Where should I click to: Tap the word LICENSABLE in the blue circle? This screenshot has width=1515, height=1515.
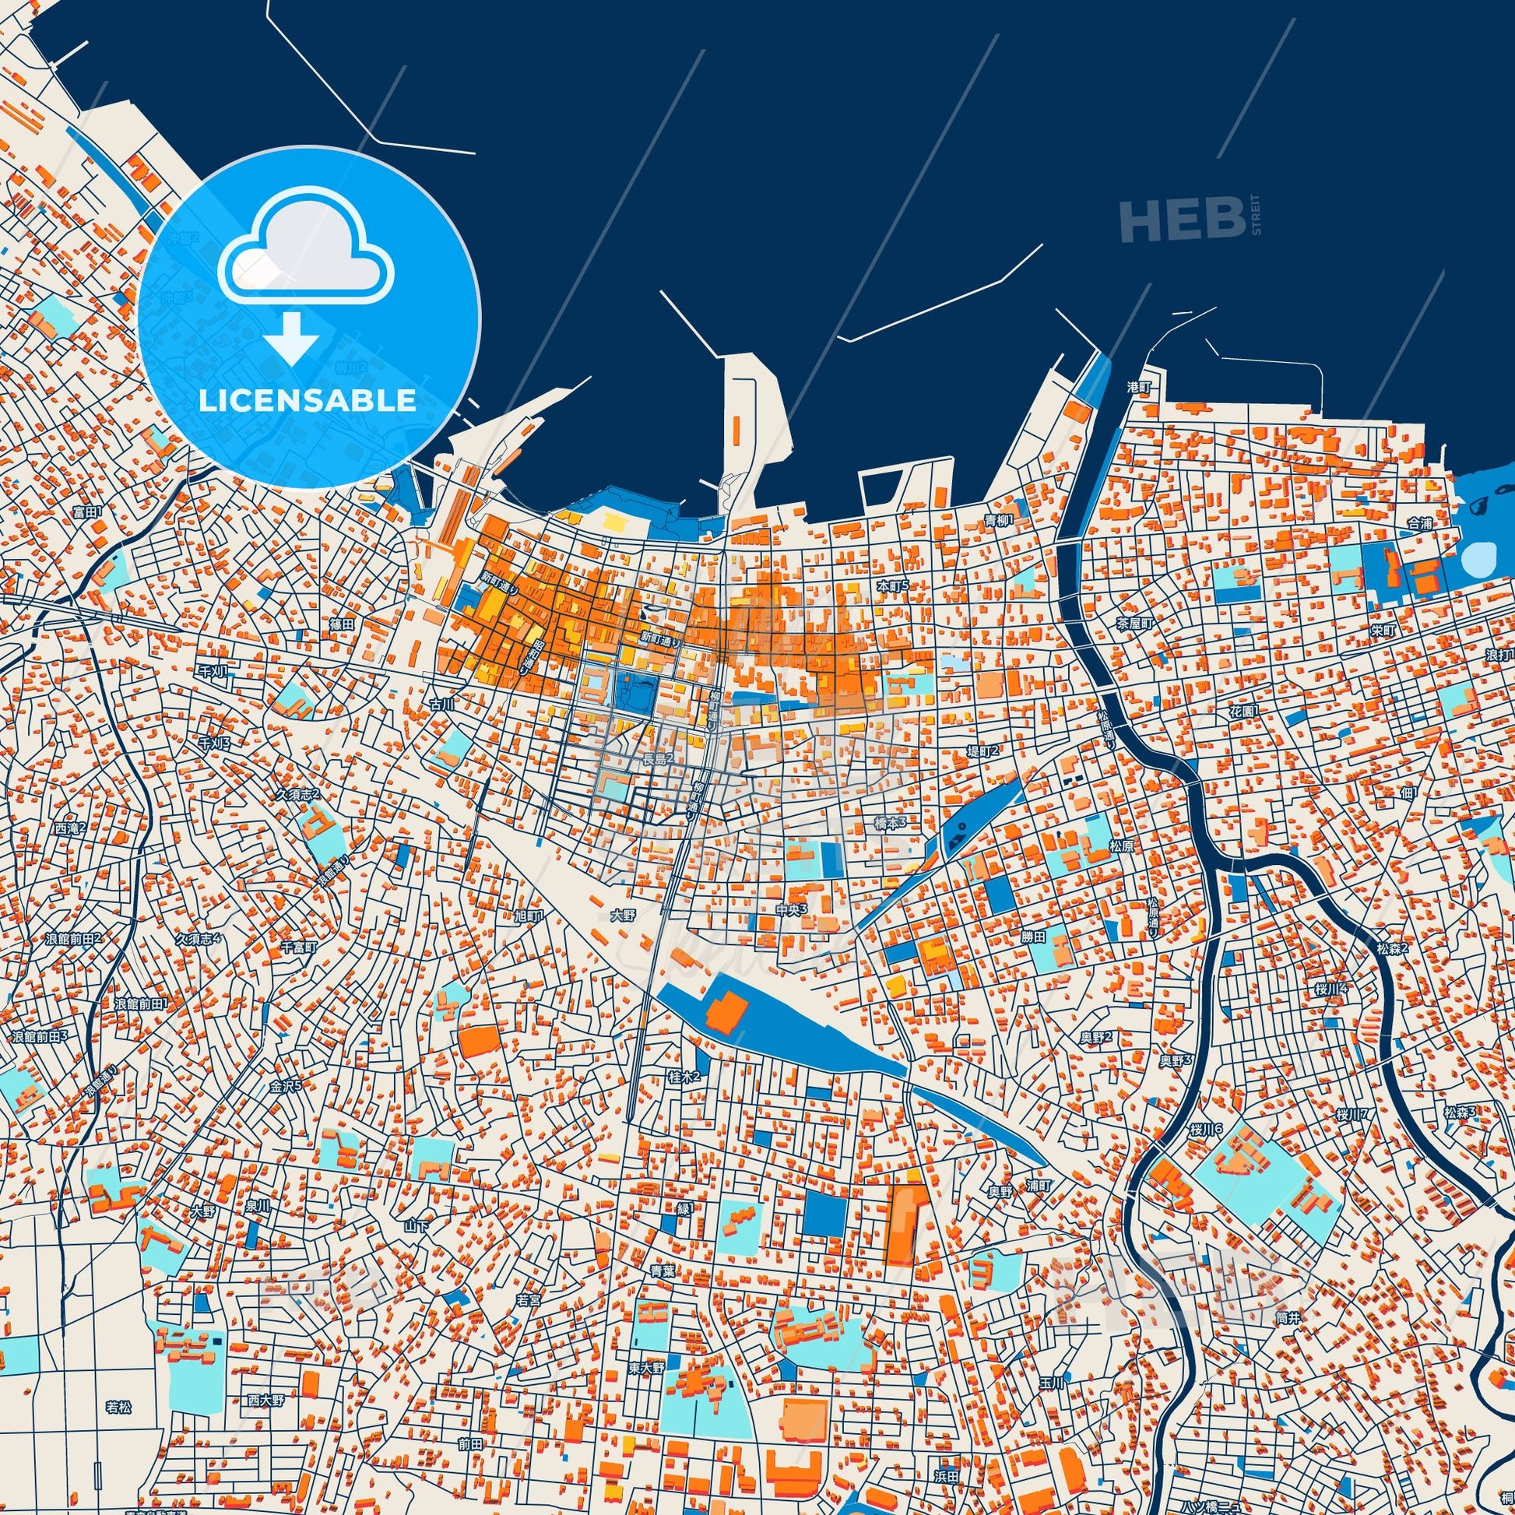click(x=307, y=401)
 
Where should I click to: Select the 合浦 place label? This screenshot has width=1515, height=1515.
click(x=1418, y=523)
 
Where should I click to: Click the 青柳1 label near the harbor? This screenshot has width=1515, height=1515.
click(x=1000, y=520)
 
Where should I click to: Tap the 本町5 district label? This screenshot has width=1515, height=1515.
click(x=891, y=585)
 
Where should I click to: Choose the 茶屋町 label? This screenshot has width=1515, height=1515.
click(x=1135, y=624)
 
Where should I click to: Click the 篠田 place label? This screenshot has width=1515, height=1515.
click(x=342, y=624)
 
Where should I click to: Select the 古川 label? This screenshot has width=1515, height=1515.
click(x=442, y=705)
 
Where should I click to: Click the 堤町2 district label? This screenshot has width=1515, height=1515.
click(x=982, y=750)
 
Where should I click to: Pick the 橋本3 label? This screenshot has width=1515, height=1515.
click(x=890, y=823)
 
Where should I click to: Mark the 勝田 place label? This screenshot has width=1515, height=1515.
click(x=1034, y=937)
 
